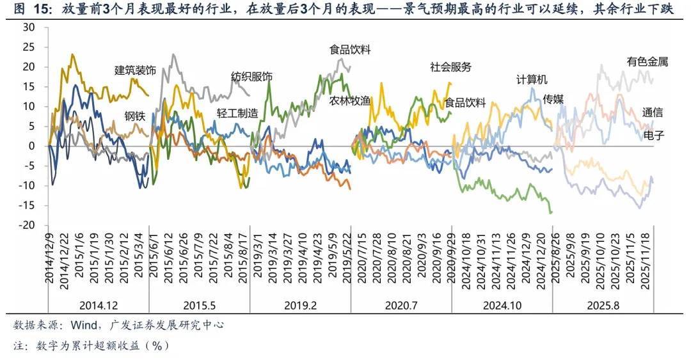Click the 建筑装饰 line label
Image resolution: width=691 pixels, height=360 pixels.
pyautogui.click(x=135, y=70)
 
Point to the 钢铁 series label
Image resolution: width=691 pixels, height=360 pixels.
pyautogui.click(x=136, y=116)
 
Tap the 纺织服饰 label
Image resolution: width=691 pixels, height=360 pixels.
pyautogui.click(x=251, y=77)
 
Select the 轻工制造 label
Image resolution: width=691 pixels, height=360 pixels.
pyautogui.click(x=237, y=113)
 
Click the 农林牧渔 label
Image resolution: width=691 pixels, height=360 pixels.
pyautogui.click(x=350, y=100)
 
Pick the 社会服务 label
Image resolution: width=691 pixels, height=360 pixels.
pyautogui.click(x=450, y=67)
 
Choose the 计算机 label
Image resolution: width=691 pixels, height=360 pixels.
pyautogui.click(x=532, y=80)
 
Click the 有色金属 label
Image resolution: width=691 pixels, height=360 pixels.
pyautogui.click(x=647, y=62)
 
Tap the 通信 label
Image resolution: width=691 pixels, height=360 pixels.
pyautogui.click(x=653, y=113)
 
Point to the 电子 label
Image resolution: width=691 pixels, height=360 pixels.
pyautogui.click(x=653, y=136)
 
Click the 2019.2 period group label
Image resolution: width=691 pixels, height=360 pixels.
pyautogui.click(x=301, y=306)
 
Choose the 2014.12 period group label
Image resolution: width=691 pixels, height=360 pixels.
pyautogui.click(x=99, y=306)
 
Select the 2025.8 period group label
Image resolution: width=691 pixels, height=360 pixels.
pyautogui.click(x=603, y=306)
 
